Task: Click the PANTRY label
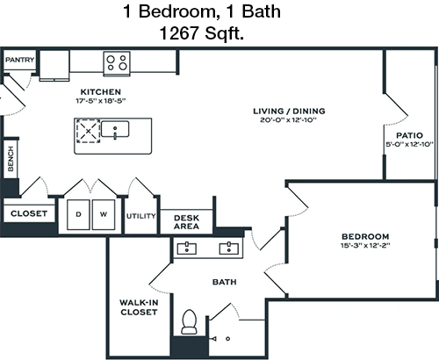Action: pyautogui.click(x=19, y=60)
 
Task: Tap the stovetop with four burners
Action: pyautogui.click(x=117, y=63)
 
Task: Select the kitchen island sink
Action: pyautogui.click(x=115, y=129)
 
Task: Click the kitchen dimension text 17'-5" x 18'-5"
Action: pyautogui.click(x=101, y=101)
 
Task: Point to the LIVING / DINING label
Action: pyautogui.click(x=289, y=111)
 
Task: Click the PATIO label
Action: pyautogui.click(x=409, y=135)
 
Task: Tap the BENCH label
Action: pyautogui.click(x=11, y=159)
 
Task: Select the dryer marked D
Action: pyautogui.click(x=78, y=214)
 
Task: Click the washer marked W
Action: pyautogui.click(x=104, y=214)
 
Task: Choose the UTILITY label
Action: pyautogui.click(x=140, y=216)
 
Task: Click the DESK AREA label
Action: pyautogui.click(x=186, y=222)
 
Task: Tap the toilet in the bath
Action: pyautogui.click(x=190, y=322)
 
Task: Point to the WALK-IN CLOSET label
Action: pyautogui.click(x=139, y=307)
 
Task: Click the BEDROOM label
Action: pyautogui.click(x=365, y=236)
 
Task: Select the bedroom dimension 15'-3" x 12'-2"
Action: pyautogui.click(x=365, y=245)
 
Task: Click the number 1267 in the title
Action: pyautogui.click(x=179, y=33)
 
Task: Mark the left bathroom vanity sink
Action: pyautogui.click(x=187, y=248)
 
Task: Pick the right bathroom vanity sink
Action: pyautogui.click(x=229, y=248)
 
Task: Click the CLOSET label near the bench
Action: pyautogui.click(x=29, y=213)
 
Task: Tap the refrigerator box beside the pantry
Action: pyautogui.click(x=54, y=65)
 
